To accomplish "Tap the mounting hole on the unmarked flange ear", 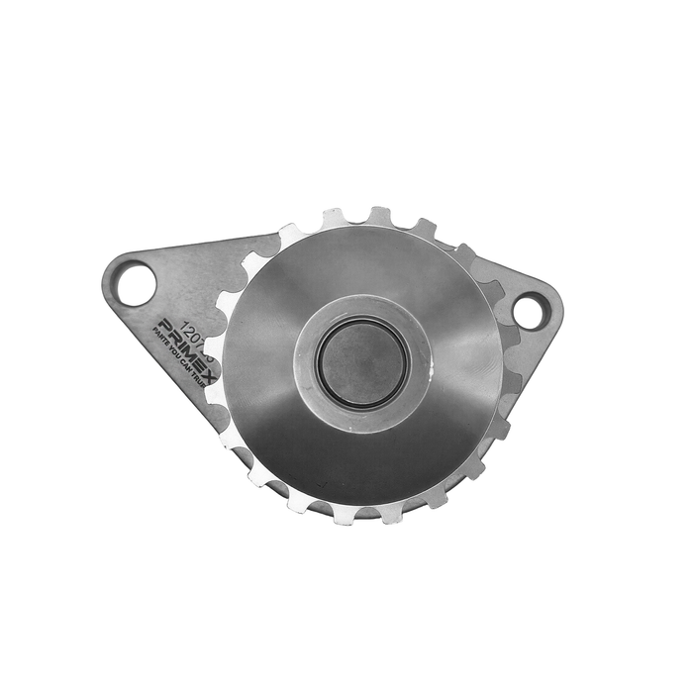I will tap(529, 311).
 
